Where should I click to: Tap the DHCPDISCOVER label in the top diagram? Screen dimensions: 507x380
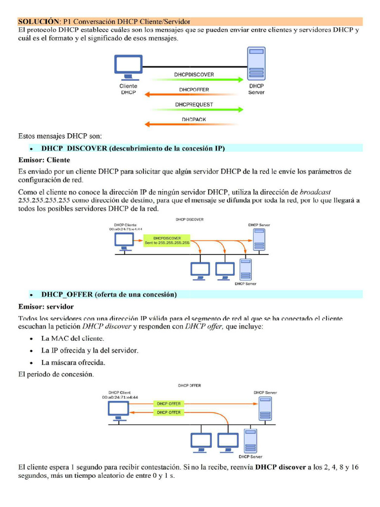pos(194,74)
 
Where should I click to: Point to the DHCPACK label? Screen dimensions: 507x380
pos(194,120)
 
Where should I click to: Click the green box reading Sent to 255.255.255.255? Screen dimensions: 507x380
pos(167,240)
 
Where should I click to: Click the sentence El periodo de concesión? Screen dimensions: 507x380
pos(55,374)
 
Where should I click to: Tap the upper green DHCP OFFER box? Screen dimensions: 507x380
pos(168,404)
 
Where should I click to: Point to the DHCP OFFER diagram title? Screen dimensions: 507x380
pos(190,385)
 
